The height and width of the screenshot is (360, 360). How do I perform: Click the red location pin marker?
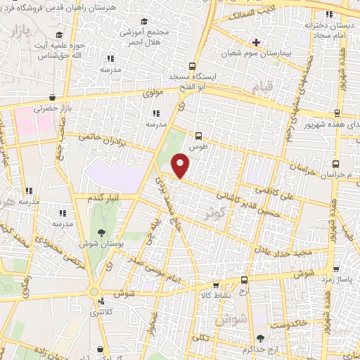pos(181,165)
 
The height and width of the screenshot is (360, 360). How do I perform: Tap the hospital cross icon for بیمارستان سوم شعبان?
pos(256,42)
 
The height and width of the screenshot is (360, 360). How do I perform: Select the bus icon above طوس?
pos(198,136)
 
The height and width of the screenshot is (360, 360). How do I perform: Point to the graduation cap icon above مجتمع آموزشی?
pos(144,22)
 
